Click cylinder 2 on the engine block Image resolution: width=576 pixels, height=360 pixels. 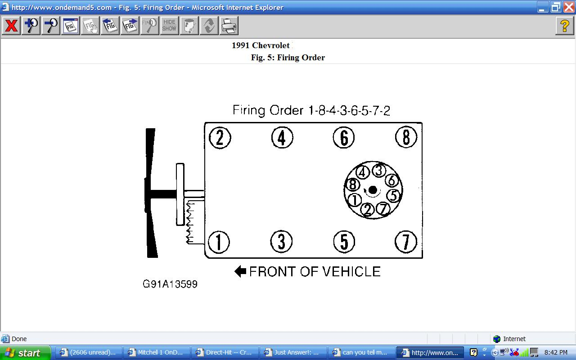[220, 138]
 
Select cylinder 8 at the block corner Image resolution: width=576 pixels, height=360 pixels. [406, 137]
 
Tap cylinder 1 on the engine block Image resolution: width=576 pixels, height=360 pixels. [219, 242]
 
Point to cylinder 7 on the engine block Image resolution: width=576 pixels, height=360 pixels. [406, 242]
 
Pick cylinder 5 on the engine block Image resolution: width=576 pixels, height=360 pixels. [344, 242]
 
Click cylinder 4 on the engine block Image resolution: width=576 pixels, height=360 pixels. [282, 138]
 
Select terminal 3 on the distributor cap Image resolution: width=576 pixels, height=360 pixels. [379, 170]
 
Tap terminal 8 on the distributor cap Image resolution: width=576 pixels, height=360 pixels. [353, 184]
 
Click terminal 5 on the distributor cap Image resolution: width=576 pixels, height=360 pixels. [394, 195]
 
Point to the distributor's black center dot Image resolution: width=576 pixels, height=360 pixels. [373, 190]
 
